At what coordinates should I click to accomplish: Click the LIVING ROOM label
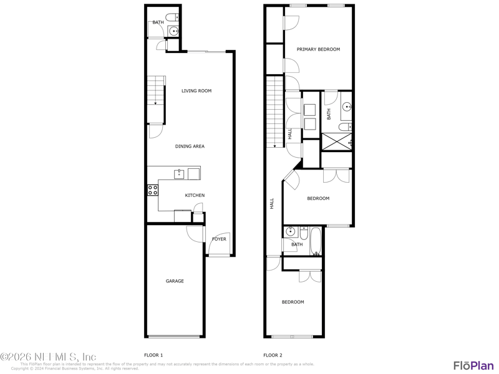(x=196, y=91)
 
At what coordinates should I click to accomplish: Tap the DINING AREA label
(x=190, y=146)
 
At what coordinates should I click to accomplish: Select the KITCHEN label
(x=195, y=196)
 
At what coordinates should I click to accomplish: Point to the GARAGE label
(x=175, y=281)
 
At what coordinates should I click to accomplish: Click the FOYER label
(x=219, y=239)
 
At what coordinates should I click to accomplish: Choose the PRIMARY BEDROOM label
(x=318, y=49)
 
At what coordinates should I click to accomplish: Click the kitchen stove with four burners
(x=153, y=190)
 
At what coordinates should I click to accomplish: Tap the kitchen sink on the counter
(x=179, y=174)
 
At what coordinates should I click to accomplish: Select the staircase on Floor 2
(x=275, y=112)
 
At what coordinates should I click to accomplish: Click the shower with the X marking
(x=337, y=142)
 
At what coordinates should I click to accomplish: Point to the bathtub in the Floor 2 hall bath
(x=316, y=241)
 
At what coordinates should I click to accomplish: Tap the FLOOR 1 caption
(x=153, y=355)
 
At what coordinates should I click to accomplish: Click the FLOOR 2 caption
(x=273, y=355)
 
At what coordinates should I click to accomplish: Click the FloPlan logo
(x=473, y=366)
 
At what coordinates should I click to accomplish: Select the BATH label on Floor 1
(x=158, y=22)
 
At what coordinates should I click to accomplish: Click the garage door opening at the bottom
(x=175, y=337)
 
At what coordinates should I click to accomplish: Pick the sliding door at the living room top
(x=206, y=51)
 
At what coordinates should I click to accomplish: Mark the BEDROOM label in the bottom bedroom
(x=293, y=302)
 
